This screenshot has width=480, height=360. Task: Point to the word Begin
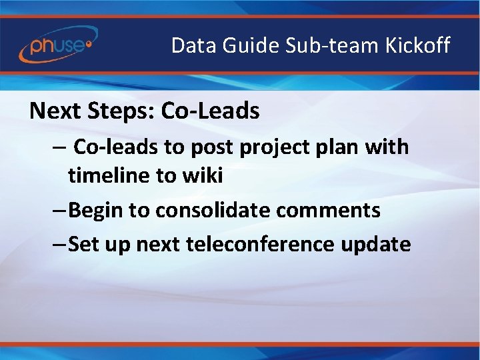96,211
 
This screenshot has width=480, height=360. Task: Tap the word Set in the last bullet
83,244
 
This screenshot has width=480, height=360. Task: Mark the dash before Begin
59,211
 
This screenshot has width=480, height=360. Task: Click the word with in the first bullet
387,147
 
